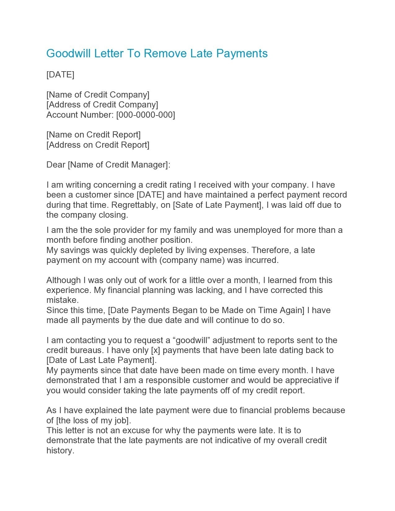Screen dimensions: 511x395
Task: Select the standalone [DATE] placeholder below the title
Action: pyautogui.click(x=60, y=75)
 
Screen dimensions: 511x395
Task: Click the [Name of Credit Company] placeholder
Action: pyautogui.click(x=98, y=94)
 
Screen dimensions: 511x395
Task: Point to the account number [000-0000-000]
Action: pyautogui.click(x=145, y=115)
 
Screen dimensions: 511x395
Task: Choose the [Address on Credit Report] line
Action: pyautogui.click(x=98, y=145)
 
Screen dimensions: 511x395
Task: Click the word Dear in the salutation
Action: pyautogui.click(x=56, y=165)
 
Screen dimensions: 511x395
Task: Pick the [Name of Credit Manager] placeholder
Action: pyautogui.click(x=118, y=165)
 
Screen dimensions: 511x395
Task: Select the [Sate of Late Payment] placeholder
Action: pyautogui.click(x=217, y=205)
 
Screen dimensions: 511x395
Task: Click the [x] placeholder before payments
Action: pyautogui.click(x=155, y=350)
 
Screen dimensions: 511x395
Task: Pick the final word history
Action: pyautogui.click(x=60, y=451)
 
